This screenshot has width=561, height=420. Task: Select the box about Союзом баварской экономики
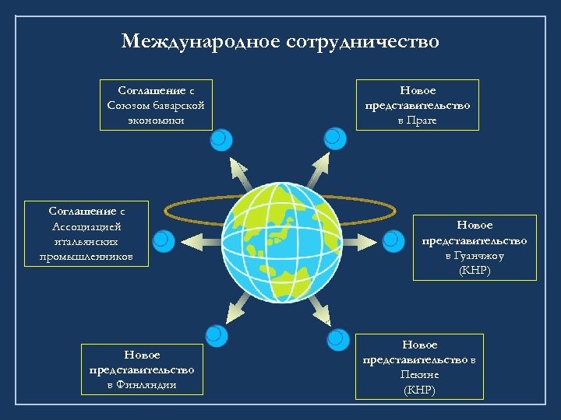(x=157, y=105)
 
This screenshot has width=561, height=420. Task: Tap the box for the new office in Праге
(x=418, y=105)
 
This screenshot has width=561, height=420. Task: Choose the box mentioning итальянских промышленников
(x=86, y=234)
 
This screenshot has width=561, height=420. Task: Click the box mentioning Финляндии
(x=142, y=369)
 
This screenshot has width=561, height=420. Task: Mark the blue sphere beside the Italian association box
(x=163, y=242)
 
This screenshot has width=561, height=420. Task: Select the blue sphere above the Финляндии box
(x=219, y=336)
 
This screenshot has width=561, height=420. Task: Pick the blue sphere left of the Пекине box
(x=338, y=340)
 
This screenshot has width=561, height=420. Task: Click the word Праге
(x=424, y=121)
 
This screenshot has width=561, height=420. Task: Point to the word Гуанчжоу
(x=485, y=255)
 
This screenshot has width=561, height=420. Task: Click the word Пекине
(x=420, y=374)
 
